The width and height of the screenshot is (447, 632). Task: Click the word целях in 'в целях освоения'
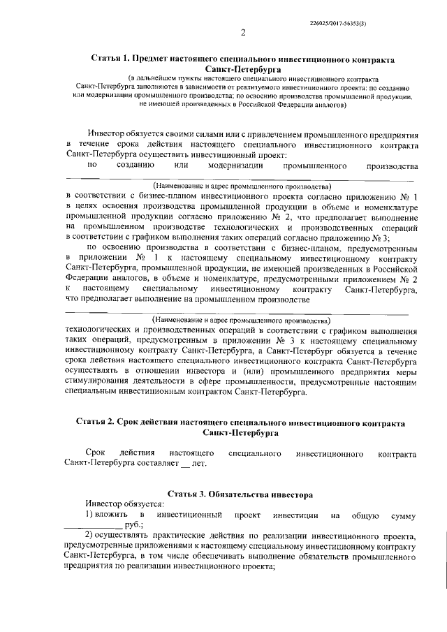tap(89, 208)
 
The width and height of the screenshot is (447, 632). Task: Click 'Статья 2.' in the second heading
tap(96, 423)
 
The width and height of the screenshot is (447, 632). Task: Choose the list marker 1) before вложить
tap(89, 514)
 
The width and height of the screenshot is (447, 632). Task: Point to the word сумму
tap(404, 514)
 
